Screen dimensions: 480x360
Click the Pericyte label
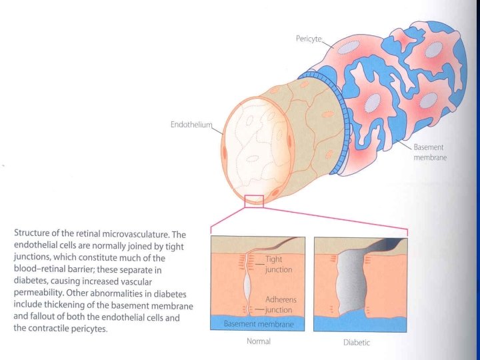point(308,39)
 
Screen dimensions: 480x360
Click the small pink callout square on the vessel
point(254,201)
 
